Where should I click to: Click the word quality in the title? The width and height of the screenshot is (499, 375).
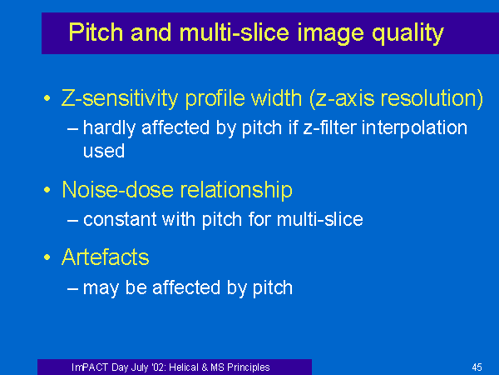coord(408,32)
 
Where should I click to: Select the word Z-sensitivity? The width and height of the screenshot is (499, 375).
coord(119,98)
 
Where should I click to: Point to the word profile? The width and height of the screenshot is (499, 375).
coord(215,98)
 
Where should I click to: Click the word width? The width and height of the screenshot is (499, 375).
coord(277,97)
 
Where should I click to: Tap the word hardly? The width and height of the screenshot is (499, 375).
coord(109,128)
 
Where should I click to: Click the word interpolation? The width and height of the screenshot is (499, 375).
coord(414,128)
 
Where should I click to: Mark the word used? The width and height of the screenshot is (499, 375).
coord(104,151)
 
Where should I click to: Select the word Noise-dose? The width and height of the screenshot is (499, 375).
coord(117,190)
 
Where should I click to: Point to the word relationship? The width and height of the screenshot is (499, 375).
coord(236,190)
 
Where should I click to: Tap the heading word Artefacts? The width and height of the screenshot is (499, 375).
coord(106,257)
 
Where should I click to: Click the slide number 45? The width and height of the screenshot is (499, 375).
coord(477,367)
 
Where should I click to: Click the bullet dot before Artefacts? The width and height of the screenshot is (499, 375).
coord(47,257)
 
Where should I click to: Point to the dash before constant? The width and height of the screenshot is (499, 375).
coord(73,220)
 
